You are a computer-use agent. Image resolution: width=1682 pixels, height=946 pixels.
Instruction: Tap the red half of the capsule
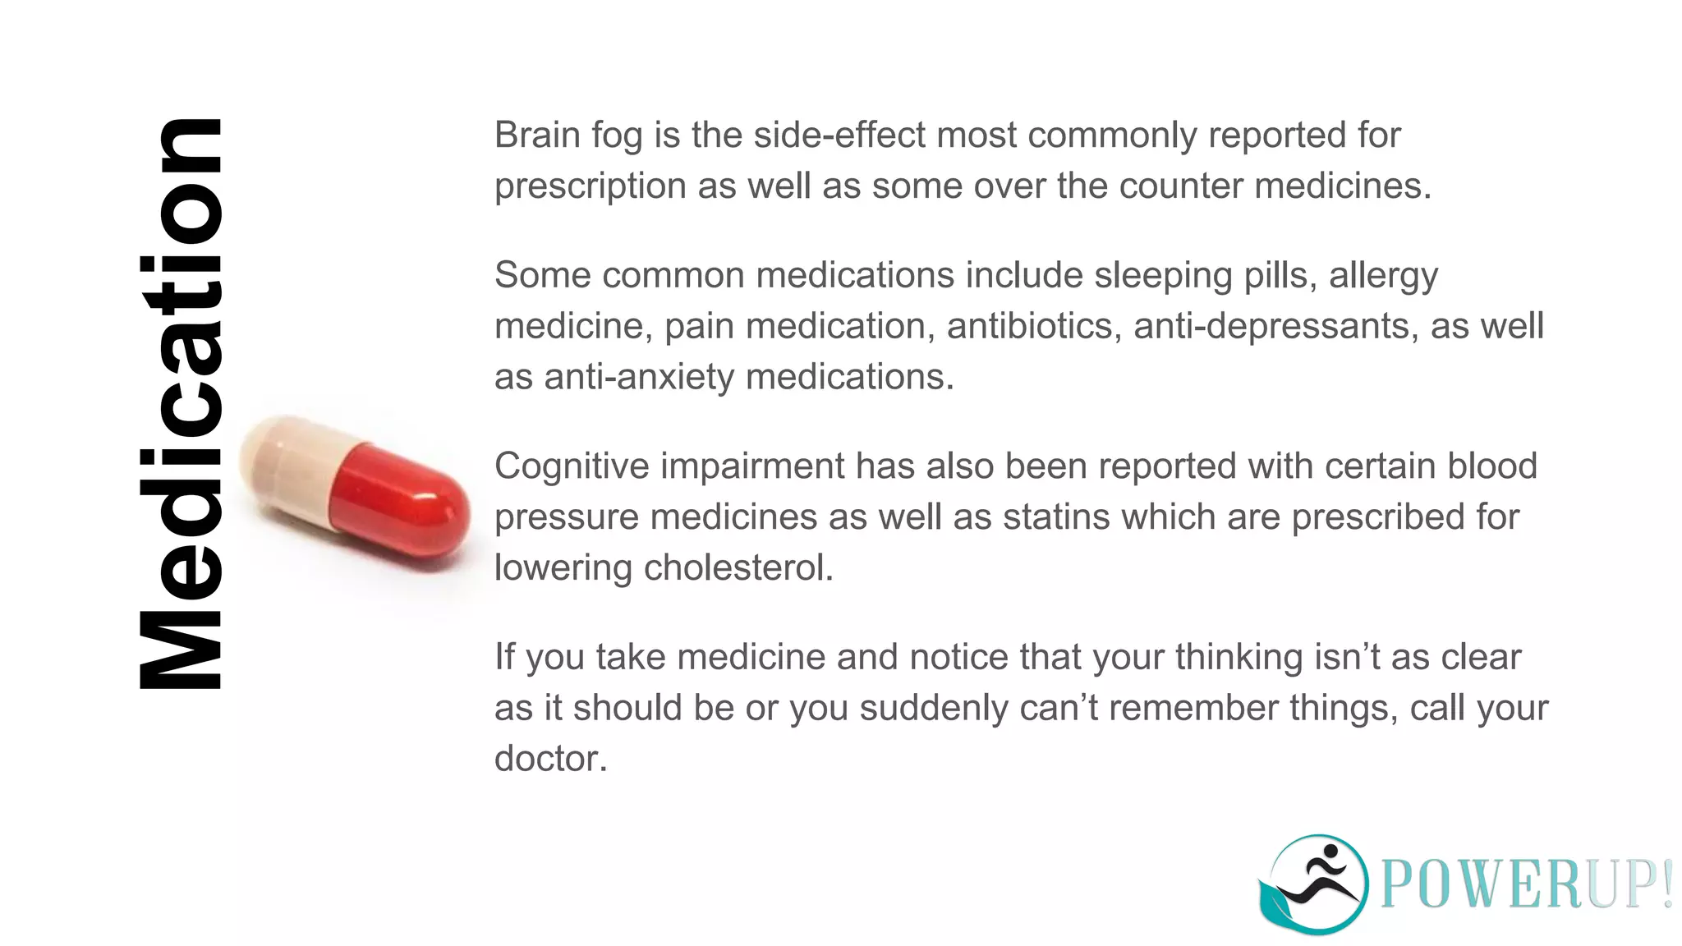pos(402,501)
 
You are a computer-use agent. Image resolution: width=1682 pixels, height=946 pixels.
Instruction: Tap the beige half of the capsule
pos(287,468)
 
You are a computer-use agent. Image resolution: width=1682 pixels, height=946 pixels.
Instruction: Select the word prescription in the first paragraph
pos(590,186)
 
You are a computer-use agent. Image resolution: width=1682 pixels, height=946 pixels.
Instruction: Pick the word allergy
pos(1383,276)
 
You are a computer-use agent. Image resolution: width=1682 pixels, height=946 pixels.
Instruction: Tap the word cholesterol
pos(738,568)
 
